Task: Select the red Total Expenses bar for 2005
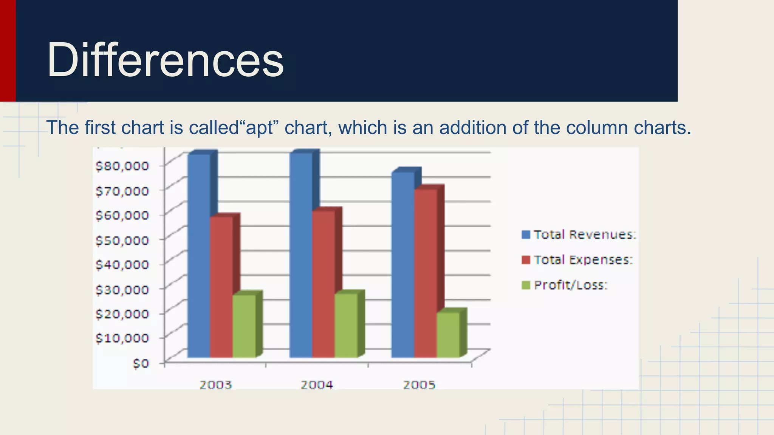(426, 272)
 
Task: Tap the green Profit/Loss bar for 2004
(346, 325)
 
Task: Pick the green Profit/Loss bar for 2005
(448, 335)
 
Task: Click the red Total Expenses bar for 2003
(221, 287)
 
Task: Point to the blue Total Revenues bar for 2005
(403, 264)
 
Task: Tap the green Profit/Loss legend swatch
(526, 285)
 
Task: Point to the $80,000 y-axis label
(122, 166)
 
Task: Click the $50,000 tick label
(122, 240)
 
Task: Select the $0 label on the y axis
(141, 363)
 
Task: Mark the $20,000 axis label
(122, 313)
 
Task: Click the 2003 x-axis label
(215, 385)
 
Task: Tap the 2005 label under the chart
(419, 385)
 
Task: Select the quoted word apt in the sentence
(259, 128)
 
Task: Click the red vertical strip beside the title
(8, 51)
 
